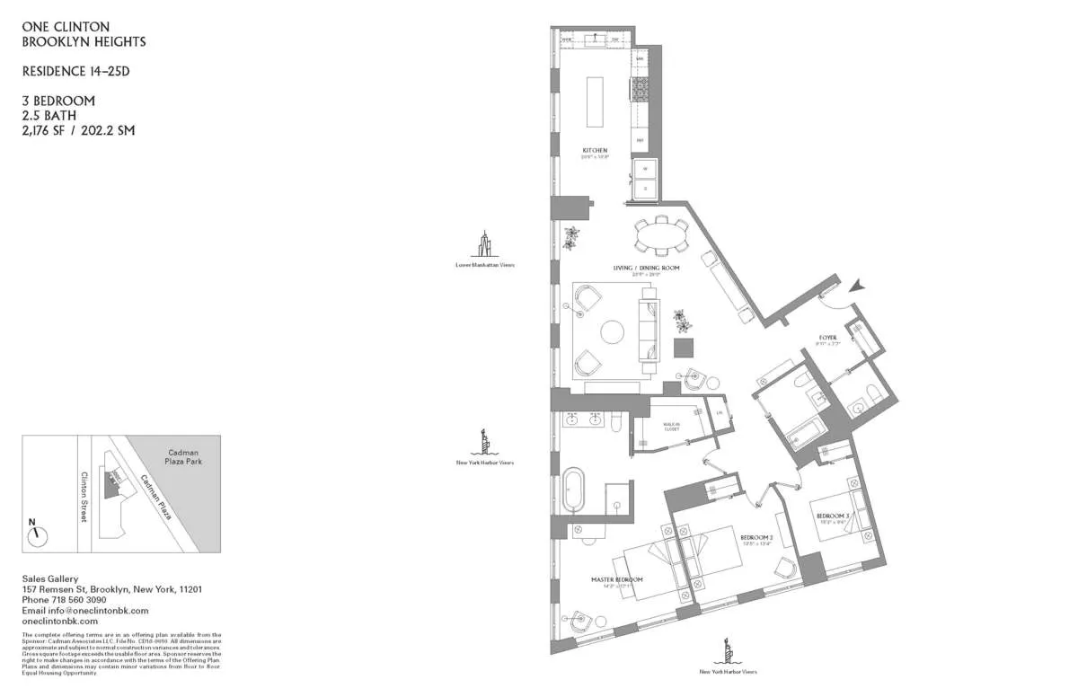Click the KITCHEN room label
pyautogui.click(x=595, y=150)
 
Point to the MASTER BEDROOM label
pyautogui.click(x=616, y=579)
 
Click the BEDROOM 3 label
pyautogui.click(x=831, y=516)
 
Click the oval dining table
pyautogui.click(x=662, y=236)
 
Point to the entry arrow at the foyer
pyautogui.click(x=858, y=286)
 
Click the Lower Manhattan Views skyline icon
pyautogui.click(x=485, y=244)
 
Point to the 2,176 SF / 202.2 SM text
pyautogui.click(x=78, y=130)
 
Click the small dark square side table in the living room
pyautogui.click(x=685, y=348)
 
